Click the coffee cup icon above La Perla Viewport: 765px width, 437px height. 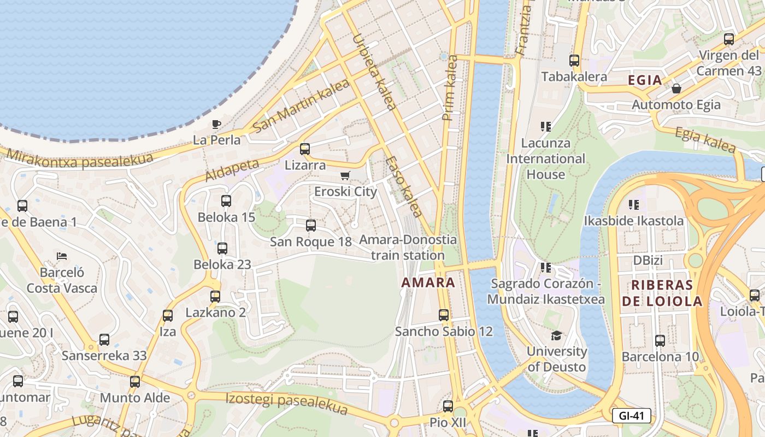216,124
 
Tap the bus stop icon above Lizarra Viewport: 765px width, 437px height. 305,149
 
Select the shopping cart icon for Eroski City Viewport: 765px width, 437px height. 345,175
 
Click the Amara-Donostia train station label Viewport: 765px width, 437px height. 408,247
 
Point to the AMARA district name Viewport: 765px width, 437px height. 428,282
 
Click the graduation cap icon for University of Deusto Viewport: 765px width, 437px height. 556,335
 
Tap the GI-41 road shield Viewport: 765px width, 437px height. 632,416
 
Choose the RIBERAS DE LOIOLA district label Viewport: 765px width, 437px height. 662,293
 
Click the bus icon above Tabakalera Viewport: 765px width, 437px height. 574,61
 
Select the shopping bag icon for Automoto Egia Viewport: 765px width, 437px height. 676,88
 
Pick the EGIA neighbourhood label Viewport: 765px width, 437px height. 645,80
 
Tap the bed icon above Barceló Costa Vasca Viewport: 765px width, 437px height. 62,256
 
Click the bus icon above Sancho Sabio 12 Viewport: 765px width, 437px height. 444,315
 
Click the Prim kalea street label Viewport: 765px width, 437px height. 450,87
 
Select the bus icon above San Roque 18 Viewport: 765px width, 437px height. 311,225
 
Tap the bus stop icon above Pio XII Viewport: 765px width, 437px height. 448,406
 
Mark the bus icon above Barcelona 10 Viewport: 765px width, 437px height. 660,340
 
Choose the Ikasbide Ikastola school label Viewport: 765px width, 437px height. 634,221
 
